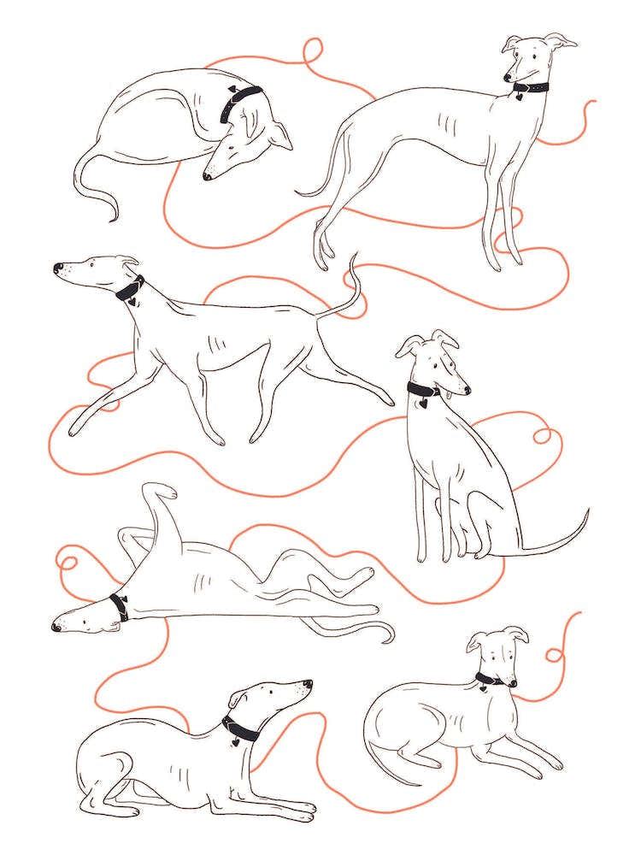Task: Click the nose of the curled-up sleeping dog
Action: (x=207, y=176)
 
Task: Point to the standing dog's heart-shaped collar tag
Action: (x=519, y=97)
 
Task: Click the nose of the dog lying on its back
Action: (x=56, y=627)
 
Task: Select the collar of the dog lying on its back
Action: (x=118, y=606)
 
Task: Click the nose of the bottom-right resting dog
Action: (x=513, y=683)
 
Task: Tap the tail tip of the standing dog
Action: (x=298, y=193)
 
